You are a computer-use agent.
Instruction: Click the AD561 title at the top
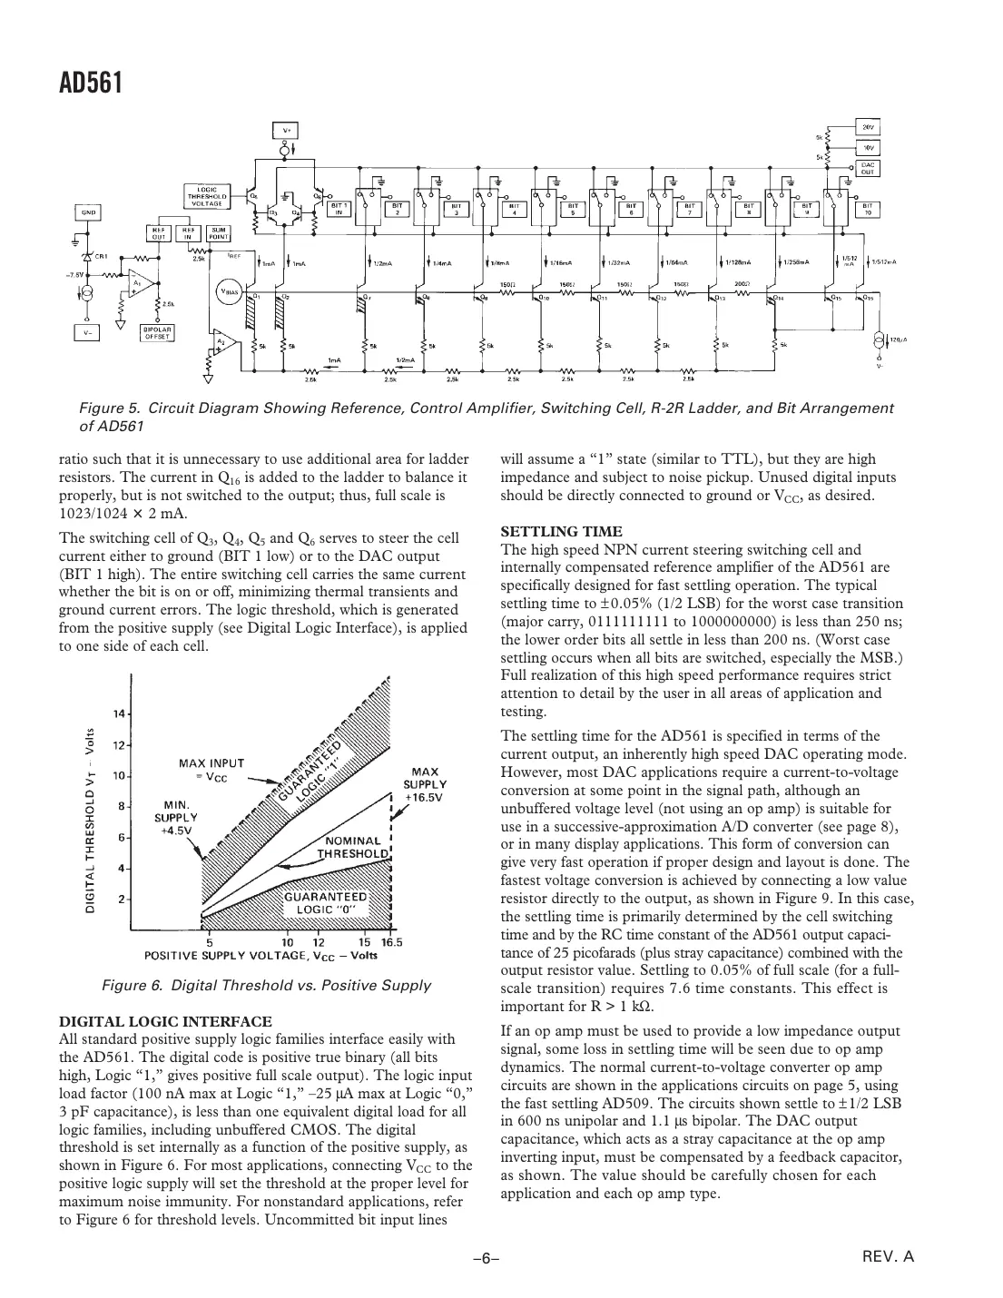tap(90, 84)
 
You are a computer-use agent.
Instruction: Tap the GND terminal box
tap(88, 212)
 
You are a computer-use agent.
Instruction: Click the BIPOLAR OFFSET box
tap(155, 332)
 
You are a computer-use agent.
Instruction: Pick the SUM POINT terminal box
tap(219, 232)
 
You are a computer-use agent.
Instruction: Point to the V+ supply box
tap(286, 130)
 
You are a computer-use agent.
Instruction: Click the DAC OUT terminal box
tap(868, 167)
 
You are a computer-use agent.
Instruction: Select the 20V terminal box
tap(868, 126)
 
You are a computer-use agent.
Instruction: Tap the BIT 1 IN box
tap(338, 209)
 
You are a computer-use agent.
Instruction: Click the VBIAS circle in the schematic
tap(228, 291)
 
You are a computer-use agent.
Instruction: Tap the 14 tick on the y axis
tap(119, 713)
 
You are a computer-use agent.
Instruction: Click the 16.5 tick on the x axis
tap(391, 941)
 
